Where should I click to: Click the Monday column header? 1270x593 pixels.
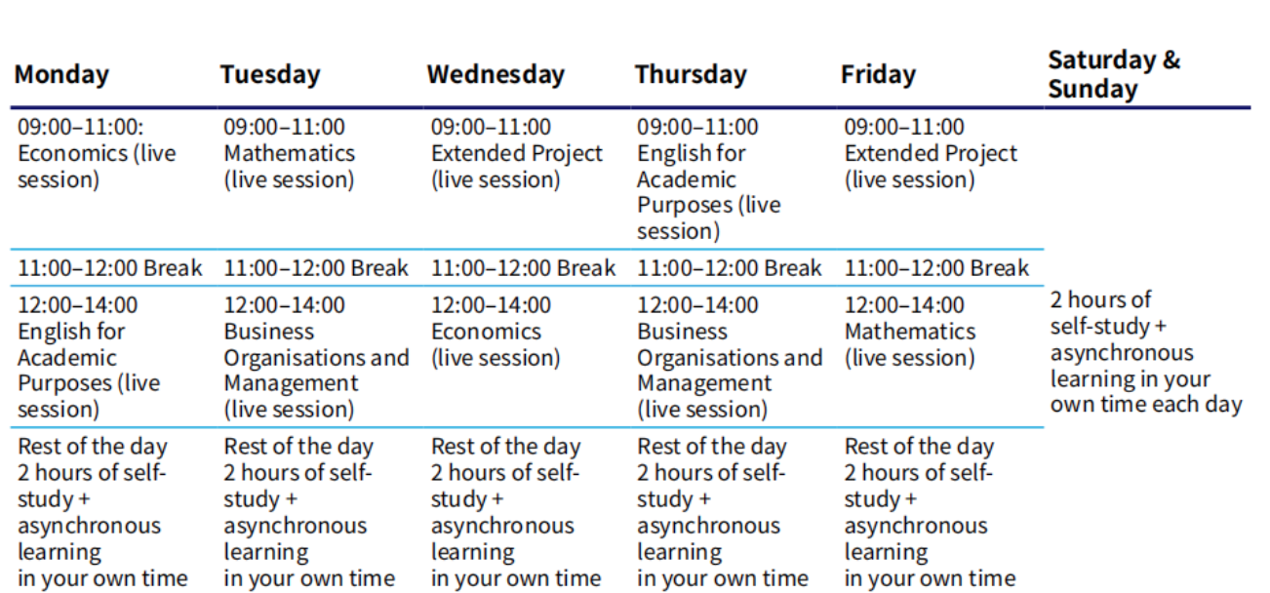click(61, 75)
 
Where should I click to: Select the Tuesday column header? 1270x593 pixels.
click(270, 75)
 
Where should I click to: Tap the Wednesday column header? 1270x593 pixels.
click(496, 75)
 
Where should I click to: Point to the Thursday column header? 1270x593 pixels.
click(691, 75)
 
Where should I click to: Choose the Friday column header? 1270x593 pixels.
click(878, 75)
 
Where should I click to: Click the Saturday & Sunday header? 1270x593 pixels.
click(1114, 75)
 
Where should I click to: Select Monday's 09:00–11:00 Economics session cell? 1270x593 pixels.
click(97, 153)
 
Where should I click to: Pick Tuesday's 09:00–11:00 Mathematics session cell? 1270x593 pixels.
click(289, 153)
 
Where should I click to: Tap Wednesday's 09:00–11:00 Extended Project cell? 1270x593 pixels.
click(517, 153)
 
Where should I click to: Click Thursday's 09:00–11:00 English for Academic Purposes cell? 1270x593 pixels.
click(709, 178)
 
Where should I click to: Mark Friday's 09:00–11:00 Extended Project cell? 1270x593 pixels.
click(931, 153)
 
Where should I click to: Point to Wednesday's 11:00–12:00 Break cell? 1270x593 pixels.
click(523, 268)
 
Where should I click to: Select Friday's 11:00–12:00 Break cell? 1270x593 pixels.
click(936, 268)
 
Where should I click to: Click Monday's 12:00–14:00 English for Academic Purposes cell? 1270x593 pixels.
click(89, 357)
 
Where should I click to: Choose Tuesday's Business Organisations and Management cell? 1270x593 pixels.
click(316, 357)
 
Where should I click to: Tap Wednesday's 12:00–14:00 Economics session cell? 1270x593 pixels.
click(496, 332)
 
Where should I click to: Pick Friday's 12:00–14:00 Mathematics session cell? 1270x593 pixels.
click(910, 332)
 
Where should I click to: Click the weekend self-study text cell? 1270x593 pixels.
click(1146, 352)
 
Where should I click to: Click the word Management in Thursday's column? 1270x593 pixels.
click(704, 384)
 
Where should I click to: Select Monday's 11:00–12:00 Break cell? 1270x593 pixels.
click(110, 268)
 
